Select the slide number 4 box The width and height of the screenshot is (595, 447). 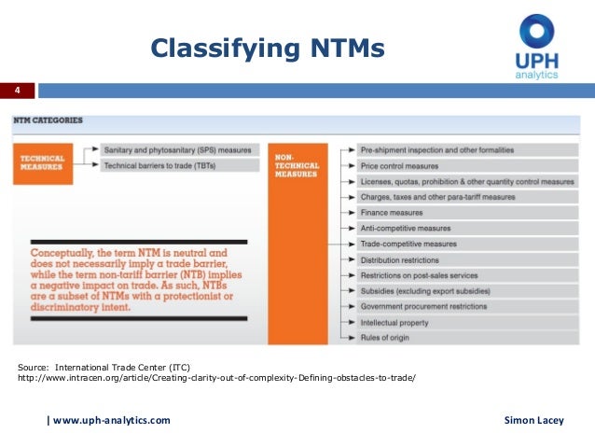pos(17,91)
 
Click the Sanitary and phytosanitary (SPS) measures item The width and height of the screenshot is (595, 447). pos(177,149)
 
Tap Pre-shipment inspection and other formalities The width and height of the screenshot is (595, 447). pos(436,149)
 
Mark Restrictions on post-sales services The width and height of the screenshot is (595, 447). pos(419,276)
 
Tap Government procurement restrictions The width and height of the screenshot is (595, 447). pos(423,307)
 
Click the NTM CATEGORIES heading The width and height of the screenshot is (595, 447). pos(48,120)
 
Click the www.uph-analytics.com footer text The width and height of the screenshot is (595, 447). pos(111,421)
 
